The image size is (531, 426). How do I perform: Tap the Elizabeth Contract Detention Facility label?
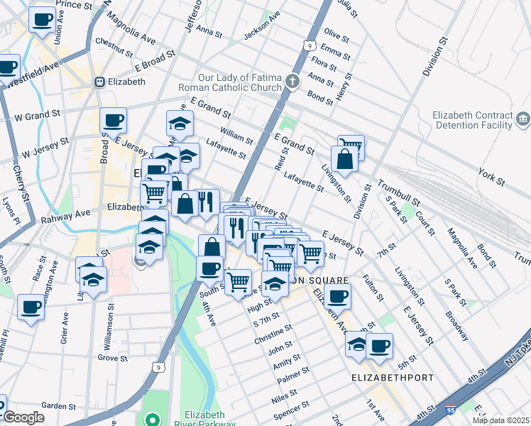click(473, 120)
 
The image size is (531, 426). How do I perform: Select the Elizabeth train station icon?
click(100, 82)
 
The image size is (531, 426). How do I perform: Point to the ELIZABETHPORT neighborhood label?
click(393, 378)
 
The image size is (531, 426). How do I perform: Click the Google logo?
click(23, 417)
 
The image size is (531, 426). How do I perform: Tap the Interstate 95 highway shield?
click(451, 410)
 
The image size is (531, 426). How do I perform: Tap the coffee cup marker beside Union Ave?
click(43, 18)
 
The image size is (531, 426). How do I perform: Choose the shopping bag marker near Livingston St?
click(344, 160)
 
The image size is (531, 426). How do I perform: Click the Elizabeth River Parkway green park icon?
click(150, 417)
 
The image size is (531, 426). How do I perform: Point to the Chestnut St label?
click(114, 46)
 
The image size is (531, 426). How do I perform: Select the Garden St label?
click(58, 406)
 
